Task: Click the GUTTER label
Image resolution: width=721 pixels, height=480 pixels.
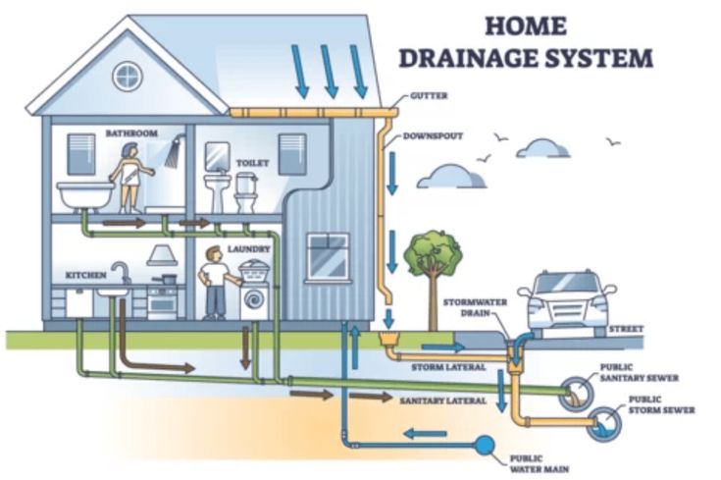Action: tap(429, 96)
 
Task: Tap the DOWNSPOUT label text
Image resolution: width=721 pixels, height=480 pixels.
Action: tap(433, 136)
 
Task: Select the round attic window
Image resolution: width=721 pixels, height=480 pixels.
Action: tap(128, 77)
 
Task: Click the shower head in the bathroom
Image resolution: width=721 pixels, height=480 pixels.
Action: tap(174, 153)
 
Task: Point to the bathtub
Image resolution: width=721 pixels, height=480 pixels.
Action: tap(85, 196)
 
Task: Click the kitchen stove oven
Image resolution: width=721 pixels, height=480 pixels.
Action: tap(162, 302)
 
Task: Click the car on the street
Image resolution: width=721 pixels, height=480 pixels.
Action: tap(567, 302)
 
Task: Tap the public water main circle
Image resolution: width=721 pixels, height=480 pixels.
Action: tap(485, 445)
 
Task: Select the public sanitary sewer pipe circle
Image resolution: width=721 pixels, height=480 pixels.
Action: tap(577, 393)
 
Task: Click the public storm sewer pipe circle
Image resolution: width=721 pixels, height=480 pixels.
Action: tap(604, 424)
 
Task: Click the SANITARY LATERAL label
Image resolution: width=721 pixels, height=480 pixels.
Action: tap(442, 400)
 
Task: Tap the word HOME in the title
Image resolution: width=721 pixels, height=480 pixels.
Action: tap(526, 26)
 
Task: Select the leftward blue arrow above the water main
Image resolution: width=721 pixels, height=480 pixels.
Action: tap(425, 433)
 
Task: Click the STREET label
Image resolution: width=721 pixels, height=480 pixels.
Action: tap(626, 329)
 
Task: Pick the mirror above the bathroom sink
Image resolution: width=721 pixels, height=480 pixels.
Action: tap(218, 156)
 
